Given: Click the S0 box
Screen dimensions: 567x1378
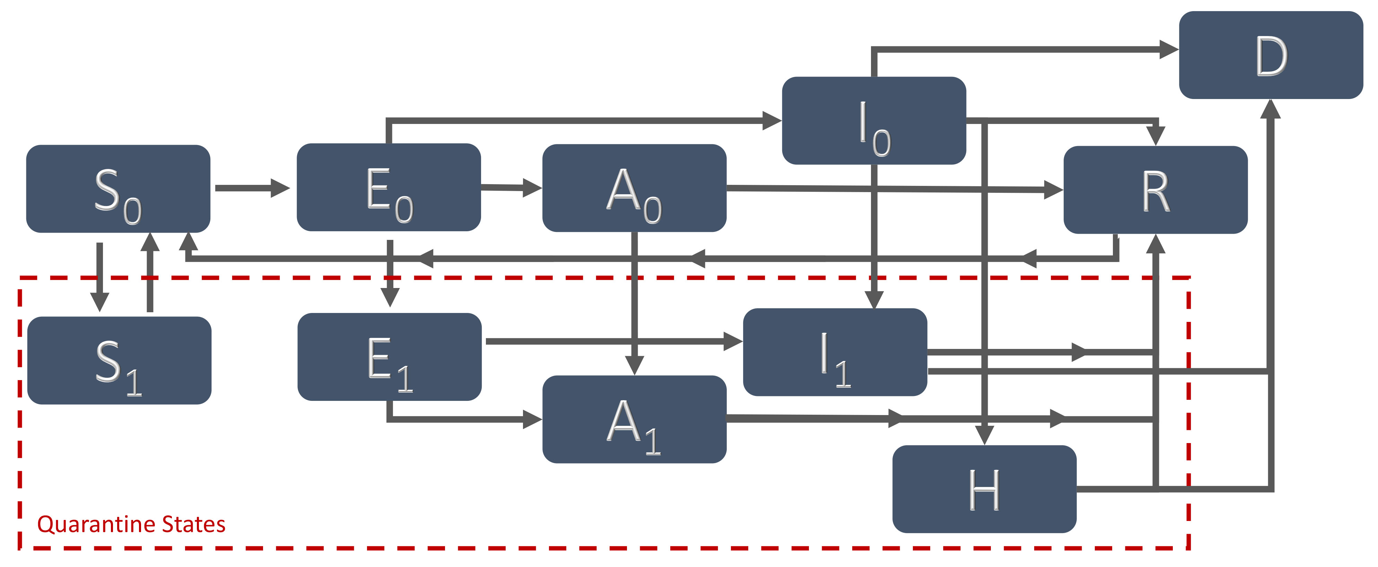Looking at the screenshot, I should [x=118, y=189].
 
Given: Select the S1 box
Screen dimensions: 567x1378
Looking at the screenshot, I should [x=119, y=361].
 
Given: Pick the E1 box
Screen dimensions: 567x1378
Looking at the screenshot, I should [x=390, y=357].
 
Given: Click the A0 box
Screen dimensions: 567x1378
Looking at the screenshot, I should [x=635, y=188].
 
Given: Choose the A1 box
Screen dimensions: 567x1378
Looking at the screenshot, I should [x=635, y=420].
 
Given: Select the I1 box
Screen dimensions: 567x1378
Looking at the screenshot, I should [x=835, y=352].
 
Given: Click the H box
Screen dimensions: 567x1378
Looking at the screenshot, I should [x=984, y=489].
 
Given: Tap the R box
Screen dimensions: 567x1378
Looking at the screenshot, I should [x=1155, y=190].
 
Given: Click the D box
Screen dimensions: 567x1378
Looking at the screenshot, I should [x=1271, y=55].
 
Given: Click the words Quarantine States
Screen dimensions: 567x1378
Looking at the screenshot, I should [x=131, y=524].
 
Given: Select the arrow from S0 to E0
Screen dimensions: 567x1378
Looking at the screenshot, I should [x=251, y=188].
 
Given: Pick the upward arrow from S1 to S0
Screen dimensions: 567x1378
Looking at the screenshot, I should [x=150, y=272].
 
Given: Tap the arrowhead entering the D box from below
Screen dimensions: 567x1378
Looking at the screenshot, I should [x=1271, y=109].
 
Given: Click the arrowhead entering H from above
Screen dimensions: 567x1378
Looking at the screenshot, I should [x=984, y=434].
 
